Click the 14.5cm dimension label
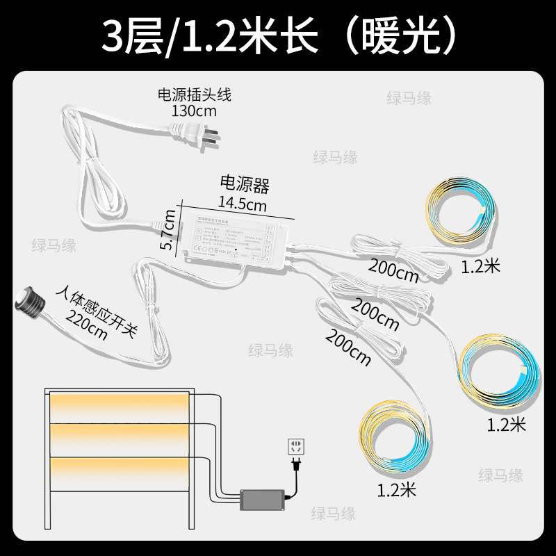243,204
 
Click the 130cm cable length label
194,111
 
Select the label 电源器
244,186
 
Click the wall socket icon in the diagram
297,447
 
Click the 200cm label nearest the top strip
394,272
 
